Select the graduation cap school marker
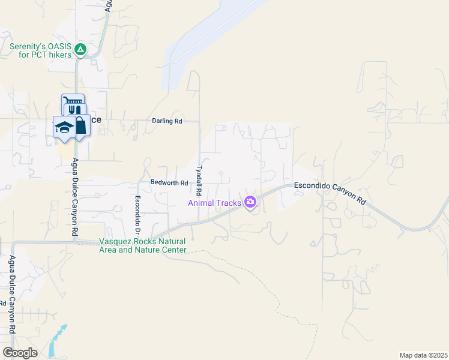click(x=64, y=127)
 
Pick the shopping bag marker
click(x=79, y=125)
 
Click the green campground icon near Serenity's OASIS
click(x=80, y=50)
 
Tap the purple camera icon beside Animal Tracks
click(x=250, y=202)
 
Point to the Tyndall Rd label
click(x=198, y=176)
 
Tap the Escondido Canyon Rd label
click(x=330, y=193)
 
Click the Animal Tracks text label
click(x=215, y=203)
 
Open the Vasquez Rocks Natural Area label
click(x=142, y=245)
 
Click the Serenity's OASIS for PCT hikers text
click(x=40, y=50)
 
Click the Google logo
click(x=20, y=353)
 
